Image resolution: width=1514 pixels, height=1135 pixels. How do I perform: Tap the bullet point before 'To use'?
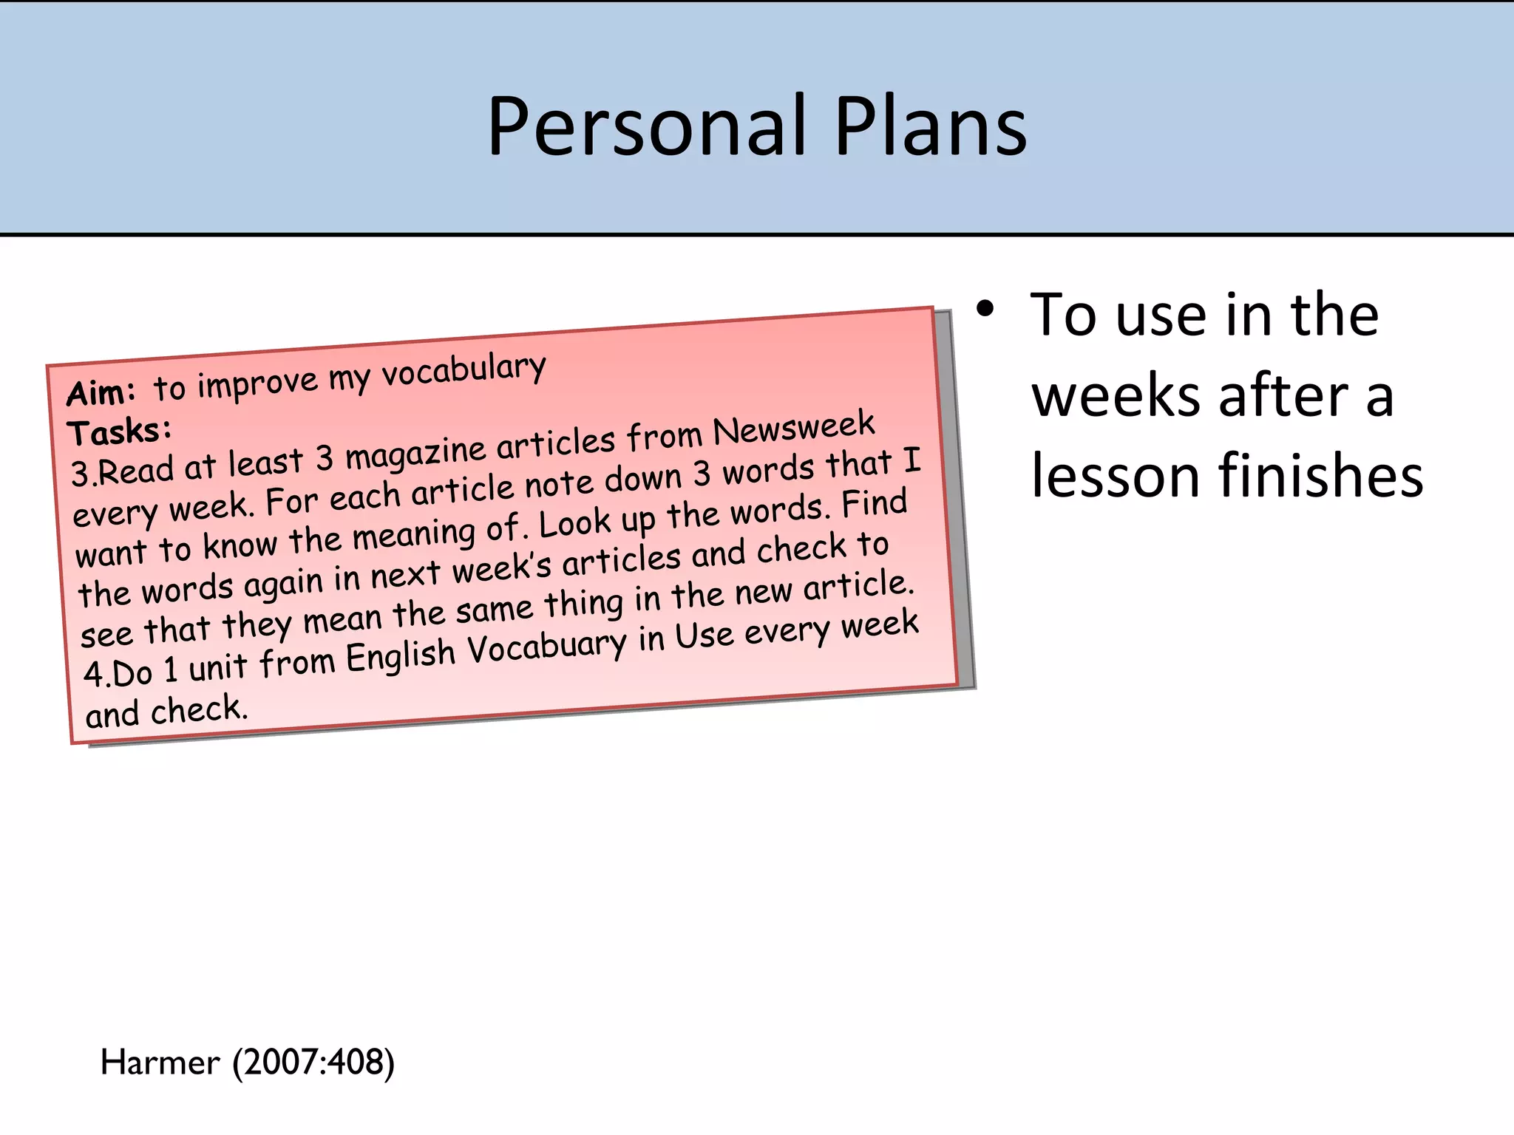[x=984, y=310]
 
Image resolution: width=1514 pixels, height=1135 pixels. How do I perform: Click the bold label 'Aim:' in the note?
[x=101, y=392]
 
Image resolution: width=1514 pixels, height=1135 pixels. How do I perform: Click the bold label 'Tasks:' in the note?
[x=119, y=431]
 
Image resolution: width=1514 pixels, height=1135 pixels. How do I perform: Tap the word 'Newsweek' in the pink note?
[x=793, y=429]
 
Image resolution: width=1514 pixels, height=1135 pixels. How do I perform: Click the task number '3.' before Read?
[x=83, y=473]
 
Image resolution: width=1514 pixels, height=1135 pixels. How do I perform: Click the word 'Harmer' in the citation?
[x=160, y=1063]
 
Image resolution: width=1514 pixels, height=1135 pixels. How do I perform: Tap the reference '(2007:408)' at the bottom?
[x=313, y=1063]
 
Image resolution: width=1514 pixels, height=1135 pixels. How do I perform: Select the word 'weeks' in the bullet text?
[x=1116, y=396]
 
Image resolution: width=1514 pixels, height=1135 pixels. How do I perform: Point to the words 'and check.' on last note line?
[x=166, y=711]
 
